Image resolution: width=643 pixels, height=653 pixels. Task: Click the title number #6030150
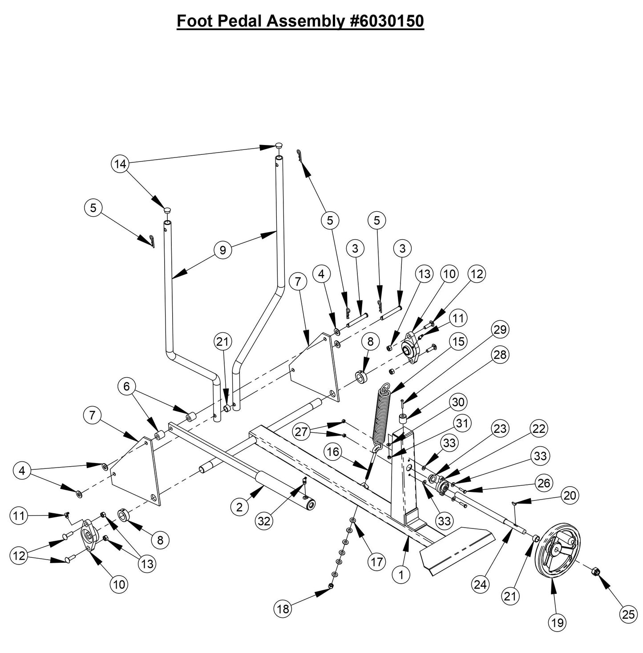coord(384,20)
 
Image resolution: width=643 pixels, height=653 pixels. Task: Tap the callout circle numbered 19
coord(557,623)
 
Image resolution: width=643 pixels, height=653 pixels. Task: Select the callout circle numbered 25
coord(628,614)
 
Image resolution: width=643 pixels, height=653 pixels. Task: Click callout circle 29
coord(500,330)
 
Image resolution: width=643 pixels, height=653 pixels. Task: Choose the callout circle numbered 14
coord(120,164)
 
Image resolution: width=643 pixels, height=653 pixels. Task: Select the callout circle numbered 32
coord(264,521)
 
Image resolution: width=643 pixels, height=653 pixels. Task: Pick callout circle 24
coord(480,585)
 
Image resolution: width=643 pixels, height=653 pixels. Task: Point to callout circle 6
coord(126,387)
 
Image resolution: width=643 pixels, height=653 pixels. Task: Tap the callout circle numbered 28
coord(500,355)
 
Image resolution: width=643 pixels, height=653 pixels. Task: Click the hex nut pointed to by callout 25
coord(597,571)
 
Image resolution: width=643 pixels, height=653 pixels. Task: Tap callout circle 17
coord(376,562)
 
